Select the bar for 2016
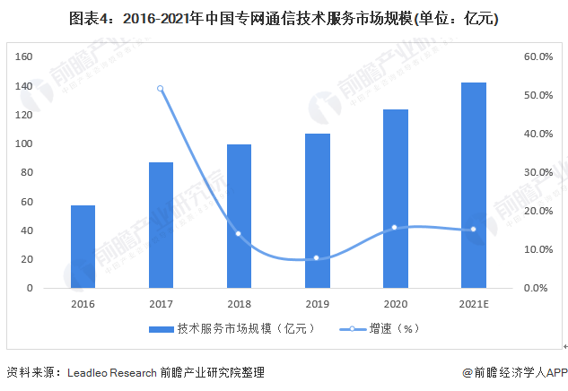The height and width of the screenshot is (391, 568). click(x=83, y=247)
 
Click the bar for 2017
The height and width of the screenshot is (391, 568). click(x=161, y=225)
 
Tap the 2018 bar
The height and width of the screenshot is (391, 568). click(x=239, y=216)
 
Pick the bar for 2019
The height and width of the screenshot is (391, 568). click(x=317, y=211)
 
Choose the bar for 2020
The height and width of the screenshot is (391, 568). click(x=395, y=198)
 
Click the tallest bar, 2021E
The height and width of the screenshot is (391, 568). click(x=473, y=185)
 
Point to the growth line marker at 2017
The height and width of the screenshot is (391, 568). click(x=161, y=88)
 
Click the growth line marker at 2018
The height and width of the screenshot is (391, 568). click(x=239, y=234)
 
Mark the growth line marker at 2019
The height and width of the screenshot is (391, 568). click(x=317, y=258)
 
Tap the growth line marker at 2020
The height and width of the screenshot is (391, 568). click(x=395, y=227)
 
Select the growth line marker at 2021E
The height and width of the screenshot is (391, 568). click(x=473, y=230)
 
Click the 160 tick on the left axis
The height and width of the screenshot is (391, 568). click(x=25, y=56)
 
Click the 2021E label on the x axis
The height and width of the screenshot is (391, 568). click(x=473, y=303)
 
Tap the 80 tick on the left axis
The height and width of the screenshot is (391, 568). click(x=28, y=172)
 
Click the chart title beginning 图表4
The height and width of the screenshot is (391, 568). click(x=284, y=18)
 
